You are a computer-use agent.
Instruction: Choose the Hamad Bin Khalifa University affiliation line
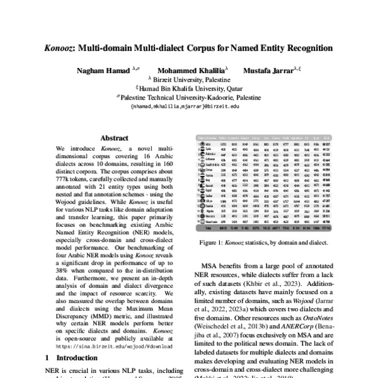[x=189, y=89]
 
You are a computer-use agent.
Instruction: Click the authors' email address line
[x=189, y=106]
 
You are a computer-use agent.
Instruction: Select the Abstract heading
[x=115, y=138]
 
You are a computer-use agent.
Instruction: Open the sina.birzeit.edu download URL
[x=115, y=346]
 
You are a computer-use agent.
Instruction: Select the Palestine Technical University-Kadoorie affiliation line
[x=189, y=98]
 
